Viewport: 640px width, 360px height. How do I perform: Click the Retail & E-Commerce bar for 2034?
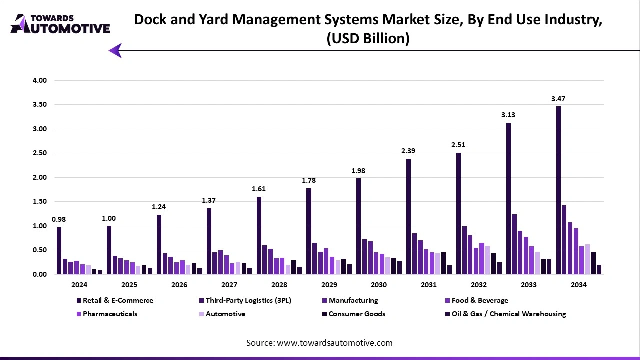coord(558,190)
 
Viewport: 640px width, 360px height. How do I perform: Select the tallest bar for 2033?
coord(508,198)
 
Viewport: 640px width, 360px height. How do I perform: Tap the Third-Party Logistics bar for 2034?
coord(564,240)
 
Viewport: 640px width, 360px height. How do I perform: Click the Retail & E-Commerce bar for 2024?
coord(59,251)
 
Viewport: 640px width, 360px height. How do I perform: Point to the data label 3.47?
coord(558,99)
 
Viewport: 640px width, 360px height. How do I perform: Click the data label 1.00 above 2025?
coord(109,219)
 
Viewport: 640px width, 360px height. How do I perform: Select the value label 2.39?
coord(408,151)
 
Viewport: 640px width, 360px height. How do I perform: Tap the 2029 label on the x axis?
coord(329,285)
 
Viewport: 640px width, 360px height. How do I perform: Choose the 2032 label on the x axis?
coord(479,285)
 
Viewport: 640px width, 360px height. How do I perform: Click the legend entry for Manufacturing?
coord(353,300)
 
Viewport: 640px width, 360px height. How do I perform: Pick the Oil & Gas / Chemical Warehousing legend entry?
coord(508,314)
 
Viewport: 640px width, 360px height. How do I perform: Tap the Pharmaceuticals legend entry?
coord(110,314)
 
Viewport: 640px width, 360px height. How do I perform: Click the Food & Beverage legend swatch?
coord(447,300)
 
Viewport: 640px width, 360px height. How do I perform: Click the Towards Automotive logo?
coord(60,24)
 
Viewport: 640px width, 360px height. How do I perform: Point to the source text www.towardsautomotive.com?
coord(334,343)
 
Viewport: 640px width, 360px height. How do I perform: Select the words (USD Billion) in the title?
coord(368,38)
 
